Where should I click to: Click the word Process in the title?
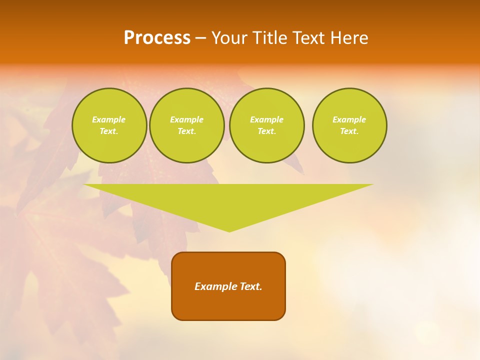pos(157,38)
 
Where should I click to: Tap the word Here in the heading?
pos(348,38)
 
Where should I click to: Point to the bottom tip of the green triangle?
pos(229,230)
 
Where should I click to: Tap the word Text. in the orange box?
pos(250,286)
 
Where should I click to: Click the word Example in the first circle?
pos(109,119)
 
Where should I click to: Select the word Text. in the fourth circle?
pos(349,131)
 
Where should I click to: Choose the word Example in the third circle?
pos(266,119)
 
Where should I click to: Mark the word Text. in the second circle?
pos(186,131)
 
